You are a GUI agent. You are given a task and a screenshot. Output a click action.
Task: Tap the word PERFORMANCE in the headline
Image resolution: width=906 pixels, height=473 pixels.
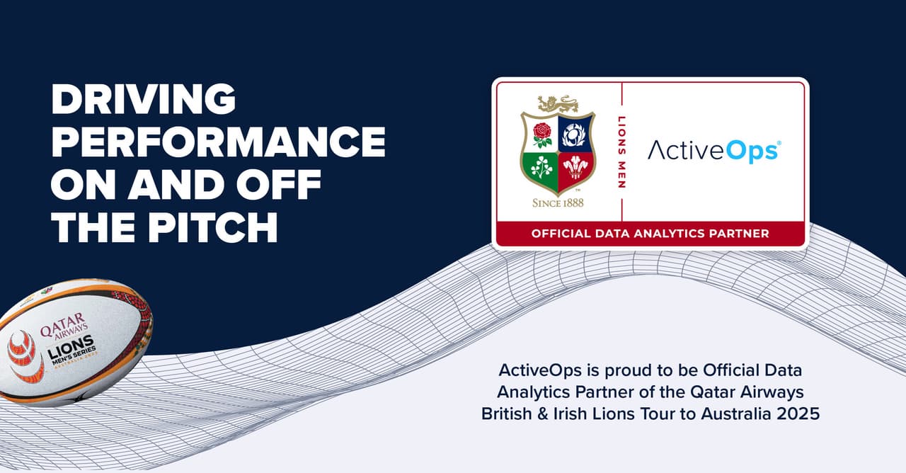(219, 143)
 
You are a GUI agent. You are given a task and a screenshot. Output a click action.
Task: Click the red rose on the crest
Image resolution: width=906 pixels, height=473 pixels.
(542, 133)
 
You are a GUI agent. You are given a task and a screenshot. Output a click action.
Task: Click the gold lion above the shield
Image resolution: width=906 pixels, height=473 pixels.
(557, 103)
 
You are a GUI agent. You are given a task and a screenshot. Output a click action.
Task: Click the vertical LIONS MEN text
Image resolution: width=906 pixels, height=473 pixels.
(621, 152)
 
